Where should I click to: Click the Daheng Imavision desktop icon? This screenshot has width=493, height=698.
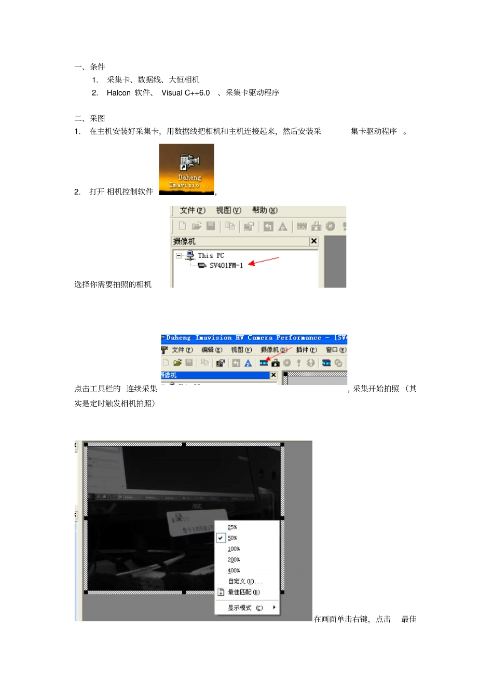click(186, 169)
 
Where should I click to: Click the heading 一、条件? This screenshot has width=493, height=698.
click(90, 67)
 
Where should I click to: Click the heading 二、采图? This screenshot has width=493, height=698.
click(90, 118)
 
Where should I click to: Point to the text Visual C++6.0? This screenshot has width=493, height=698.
click(185, 93)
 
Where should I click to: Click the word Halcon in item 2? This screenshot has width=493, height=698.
click(118, 93)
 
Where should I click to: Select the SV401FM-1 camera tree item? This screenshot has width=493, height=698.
click(225, 266)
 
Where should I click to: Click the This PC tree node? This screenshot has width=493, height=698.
click(210, 255)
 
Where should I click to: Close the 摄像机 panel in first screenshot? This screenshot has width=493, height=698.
click(313, 241)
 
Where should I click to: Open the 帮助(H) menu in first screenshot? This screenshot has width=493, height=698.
click(265, 210)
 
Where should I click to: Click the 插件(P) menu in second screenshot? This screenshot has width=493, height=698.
click(306, 350)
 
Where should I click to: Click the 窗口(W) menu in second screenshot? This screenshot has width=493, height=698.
click(336, 350)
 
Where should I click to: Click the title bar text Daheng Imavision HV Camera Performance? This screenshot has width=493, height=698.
click(243, 338)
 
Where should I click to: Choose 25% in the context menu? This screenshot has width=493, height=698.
click(232, 527)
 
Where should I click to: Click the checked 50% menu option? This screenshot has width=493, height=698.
click(232, 538)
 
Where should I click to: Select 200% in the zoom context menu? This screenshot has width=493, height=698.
click(234, 560)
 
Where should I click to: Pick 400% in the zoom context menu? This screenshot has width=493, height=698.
click(234, 571)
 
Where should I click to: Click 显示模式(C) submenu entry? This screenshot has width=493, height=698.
click(245, 608)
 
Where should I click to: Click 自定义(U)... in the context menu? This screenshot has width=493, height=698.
click(244, 581)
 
